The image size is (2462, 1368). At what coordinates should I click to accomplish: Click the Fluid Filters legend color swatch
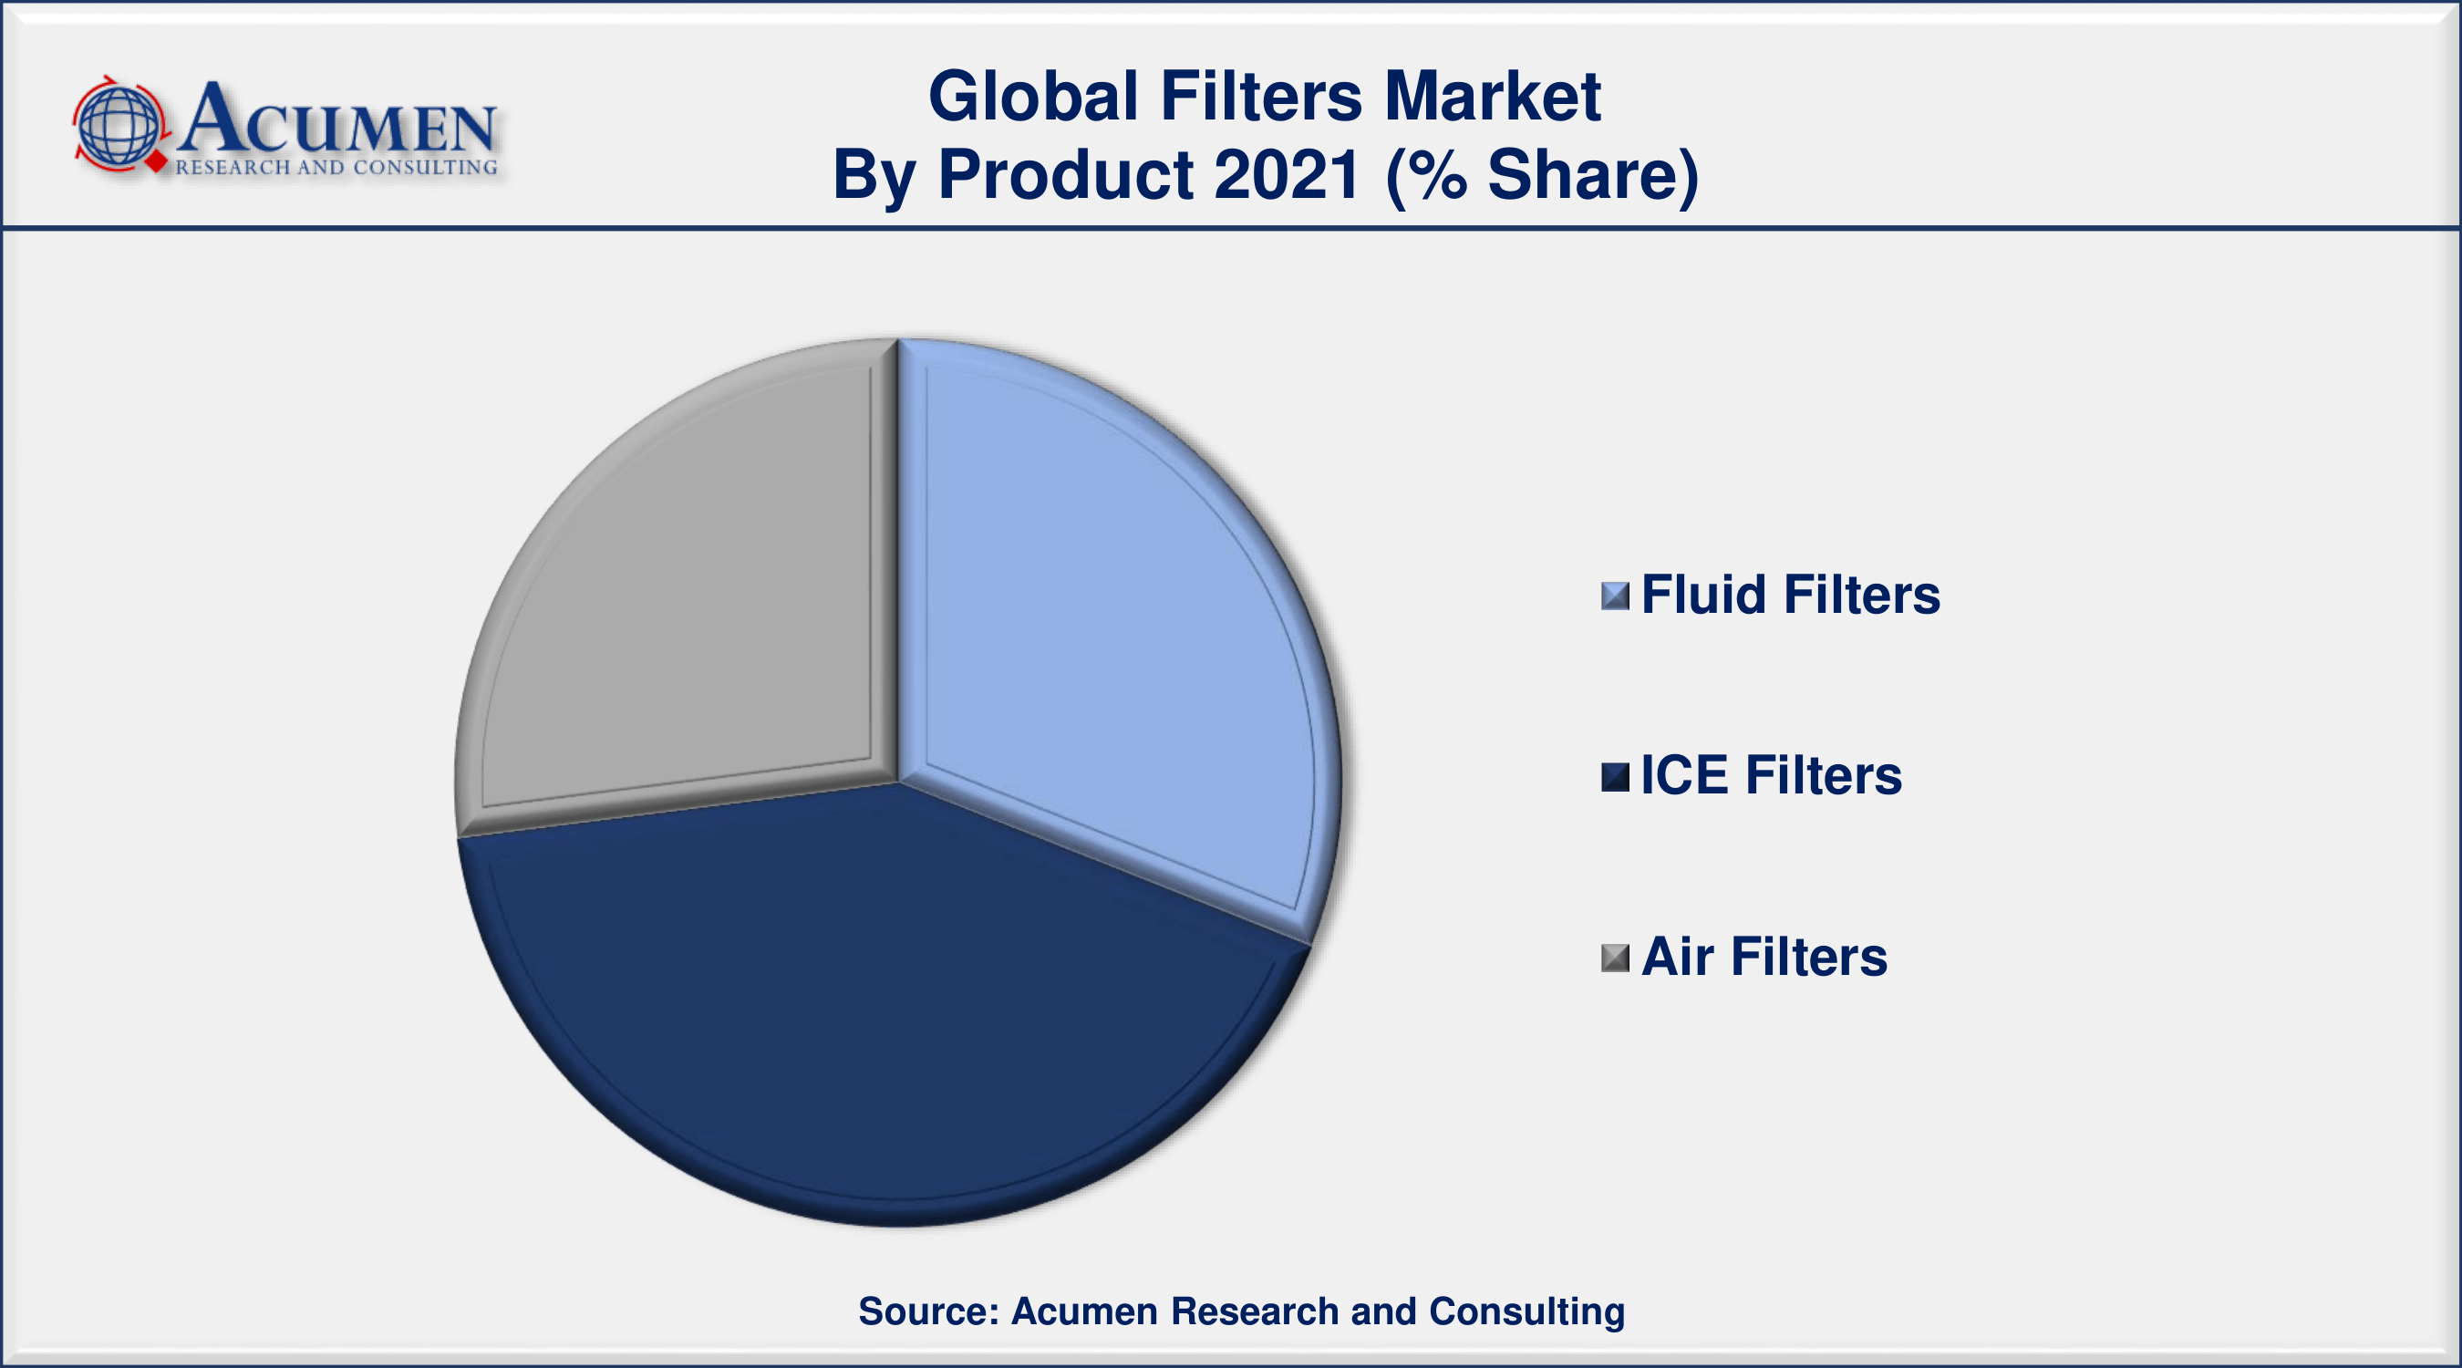point(1614,596)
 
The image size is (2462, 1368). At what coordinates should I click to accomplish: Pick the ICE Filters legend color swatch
point(1614,776)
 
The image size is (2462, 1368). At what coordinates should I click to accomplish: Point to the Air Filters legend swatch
point(1614,957)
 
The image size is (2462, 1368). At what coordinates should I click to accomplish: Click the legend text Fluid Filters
point(1790,595)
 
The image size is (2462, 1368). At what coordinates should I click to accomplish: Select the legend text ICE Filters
point(1770,775)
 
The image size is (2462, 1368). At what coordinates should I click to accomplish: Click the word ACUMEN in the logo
point(336,120)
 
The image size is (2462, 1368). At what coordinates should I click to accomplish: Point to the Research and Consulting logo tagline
point(336,167)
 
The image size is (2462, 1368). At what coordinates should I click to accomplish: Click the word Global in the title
point(1033,97)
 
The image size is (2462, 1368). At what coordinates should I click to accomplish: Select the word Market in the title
point(1492,97)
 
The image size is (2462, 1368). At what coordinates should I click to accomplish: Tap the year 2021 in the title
point(1287,175)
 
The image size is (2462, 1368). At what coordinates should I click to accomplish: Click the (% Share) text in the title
point(1542,175)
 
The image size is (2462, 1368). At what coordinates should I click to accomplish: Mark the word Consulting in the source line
point(1526,1311)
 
